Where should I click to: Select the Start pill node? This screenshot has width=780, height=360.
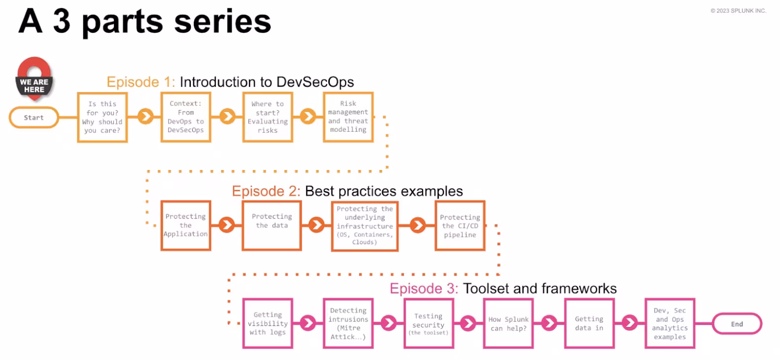click(x=34, y=117)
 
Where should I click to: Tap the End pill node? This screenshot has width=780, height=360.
click(x=737, y=324)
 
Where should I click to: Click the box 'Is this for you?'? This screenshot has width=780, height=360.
click(x=103, y=117)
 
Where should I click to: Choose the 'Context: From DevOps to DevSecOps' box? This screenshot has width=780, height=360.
click(x=186, y=117)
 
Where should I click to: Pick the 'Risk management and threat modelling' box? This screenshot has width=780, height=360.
click(x=348, y=117)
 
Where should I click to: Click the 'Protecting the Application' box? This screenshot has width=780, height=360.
click(x=186, y=225)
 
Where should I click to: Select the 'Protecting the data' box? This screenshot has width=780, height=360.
click(x=272, y=225)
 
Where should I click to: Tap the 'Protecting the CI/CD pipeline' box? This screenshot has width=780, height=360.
click(x=460, y=225)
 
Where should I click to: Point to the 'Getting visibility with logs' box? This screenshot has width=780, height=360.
click(x=268, y=324)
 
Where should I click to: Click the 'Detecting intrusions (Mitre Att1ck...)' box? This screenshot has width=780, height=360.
click(x=348, y=324)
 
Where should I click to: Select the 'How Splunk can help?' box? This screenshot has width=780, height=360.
click(x=508, y=324)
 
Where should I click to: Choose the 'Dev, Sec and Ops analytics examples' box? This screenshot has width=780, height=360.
click(x=670, y=324)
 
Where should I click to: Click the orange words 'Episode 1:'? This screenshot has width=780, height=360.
click(x=141, y=82)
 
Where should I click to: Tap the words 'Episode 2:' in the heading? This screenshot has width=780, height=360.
click(x=266, y=191)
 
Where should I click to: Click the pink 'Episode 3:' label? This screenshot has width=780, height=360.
click(x=424, y=288)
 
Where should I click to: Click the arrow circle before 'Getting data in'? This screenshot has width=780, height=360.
click(x=549, y=324)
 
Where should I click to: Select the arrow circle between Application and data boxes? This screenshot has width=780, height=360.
click(x=226, y=225)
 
